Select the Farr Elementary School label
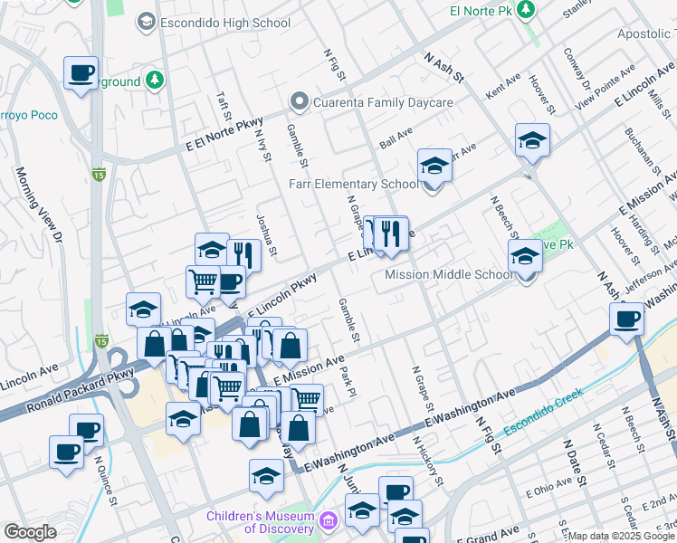(x=353, y=184)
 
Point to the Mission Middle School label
(x=449, y=275)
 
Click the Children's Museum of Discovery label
(x=259, y=522)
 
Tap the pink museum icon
(x=327, y=521)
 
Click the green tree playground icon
(x=155, y=81)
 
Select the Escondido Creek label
(x=544, y=410)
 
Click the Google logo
(x=30, y=532)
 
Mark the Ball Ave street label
(x=396, y=138)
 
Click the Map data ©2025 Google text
(x=621, y=536)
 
